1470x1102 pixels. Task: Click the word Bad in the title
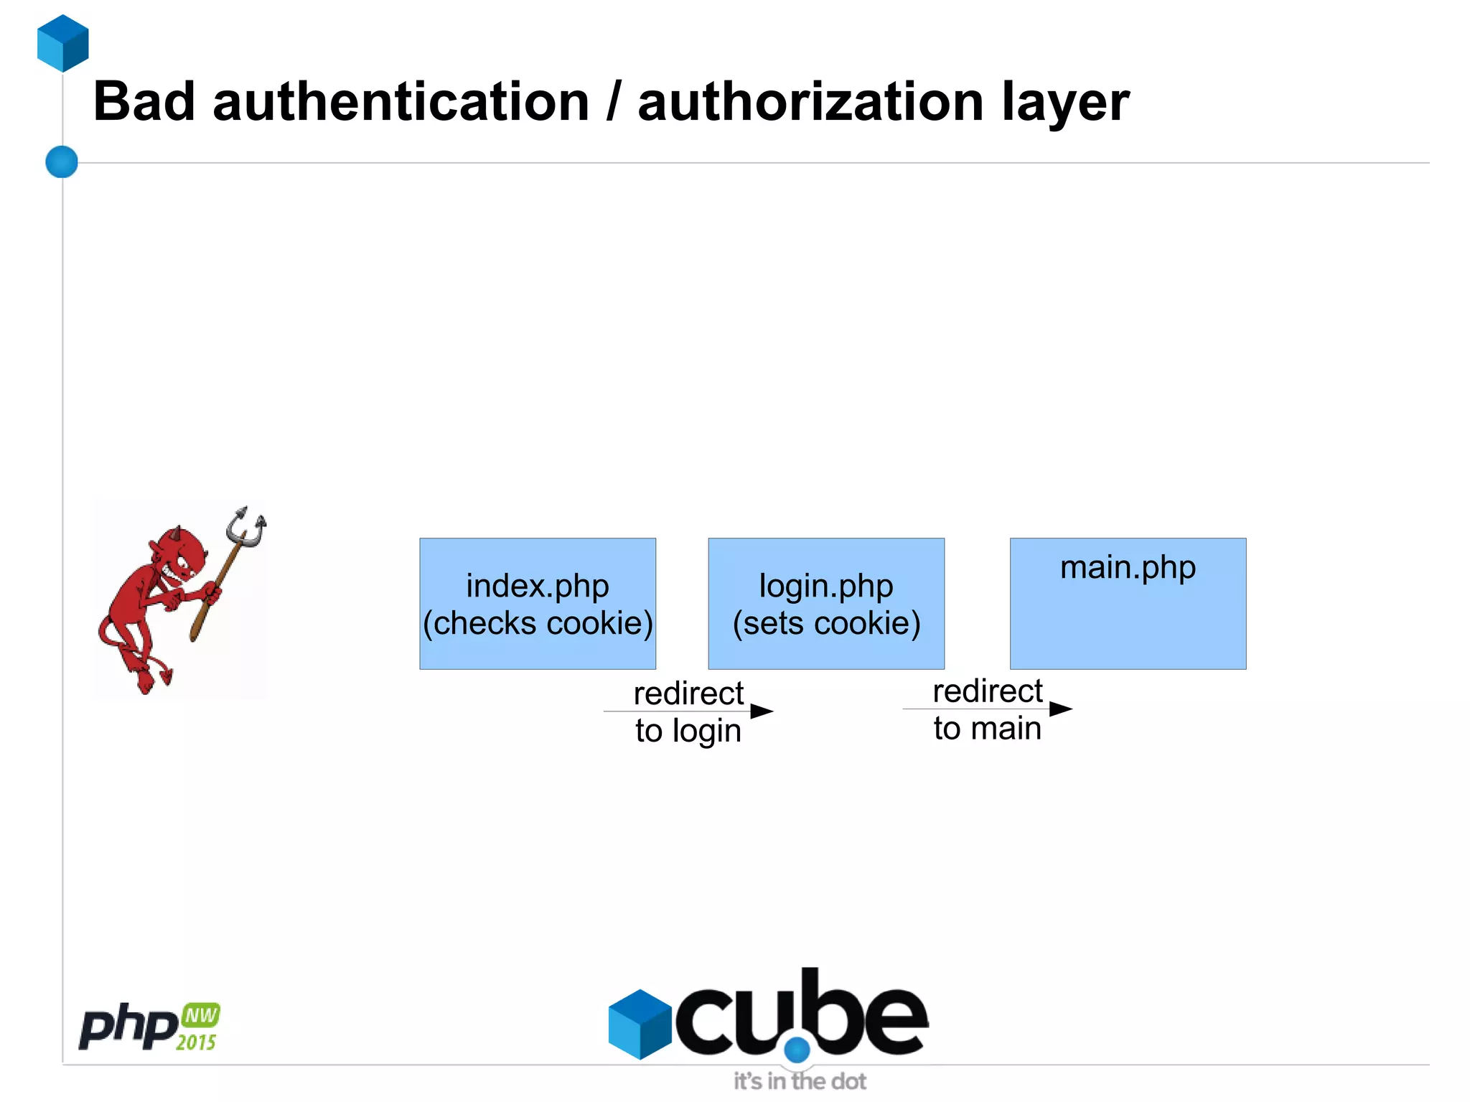[144, 102]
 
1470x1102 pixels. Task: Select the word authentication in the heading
[401, 102]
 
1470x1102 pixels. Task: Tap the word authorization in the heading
[810, 102]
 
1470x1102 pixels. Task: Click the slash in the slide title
[613, 102]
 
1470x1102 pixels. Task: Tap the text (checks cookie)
[538, 623]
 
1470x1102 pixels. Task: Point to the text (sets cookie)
[826, 623]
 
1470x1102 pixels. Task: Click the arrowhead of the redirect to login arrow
[762, 711]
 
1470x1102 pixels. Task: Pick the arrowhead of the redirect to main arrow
[1061, 709]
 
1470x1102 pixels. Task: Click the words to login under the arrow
[688, 731]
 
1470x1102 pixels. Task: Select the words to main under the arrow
[987, 729]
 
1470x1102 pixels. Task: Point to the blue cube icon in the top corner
[63, 43]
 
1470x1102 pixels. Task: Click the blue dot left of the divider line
[62, 162]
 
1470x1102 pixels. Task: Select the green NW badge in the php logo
[201, 1015]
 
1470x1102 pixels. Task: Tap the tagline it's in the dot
[800, 1081]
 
